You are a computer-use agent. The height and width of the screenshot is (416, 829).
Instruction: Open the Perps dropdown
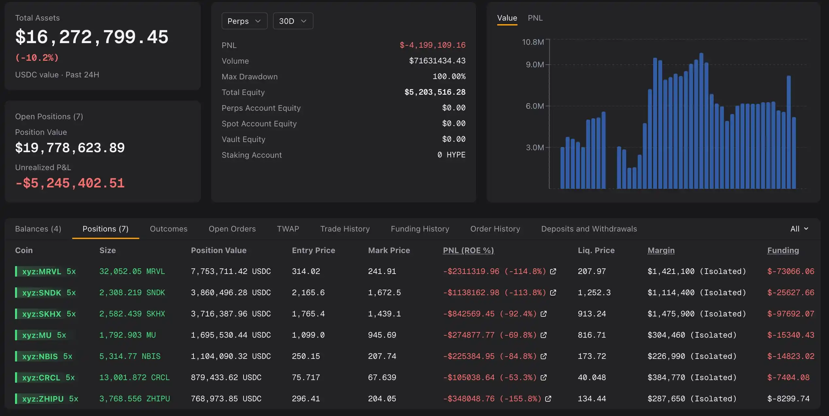(245, 21)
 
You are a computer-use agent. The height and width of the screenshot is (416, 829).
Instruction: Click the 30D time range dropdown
(293, 21)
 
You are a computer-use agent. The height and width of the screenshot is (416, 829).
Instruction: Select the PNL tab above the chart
(535, 18)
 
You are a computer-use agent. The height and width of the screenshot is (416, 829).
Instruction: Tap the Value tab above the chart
(507, 18)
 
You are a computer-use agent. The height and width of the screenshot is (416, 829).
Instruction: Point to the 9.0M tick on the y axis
(535, 65)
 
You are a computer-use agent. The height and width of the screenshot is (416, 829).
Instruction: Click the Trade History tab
(345, 229)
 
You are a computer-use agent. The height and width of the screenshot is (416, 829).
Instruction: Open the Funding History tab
(420, 229)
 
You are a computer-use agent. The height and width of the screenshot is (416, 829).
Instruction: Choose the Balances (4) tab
(38, 229)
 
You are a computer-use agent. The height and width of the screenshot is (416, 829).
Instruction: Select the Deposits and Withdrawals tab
(589, 229)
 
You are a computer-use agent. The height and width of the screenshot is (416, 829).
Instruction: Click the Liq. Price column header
(596, 250)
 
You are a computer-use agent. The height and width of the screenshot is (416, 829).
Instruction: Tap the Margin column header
(661, 250)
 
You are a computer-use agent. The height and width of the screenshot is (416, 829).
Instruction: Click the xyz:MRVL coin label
(42, 271)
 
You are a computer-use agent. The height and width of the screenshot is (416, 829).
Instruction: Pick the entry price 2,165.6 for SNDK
(308, 293)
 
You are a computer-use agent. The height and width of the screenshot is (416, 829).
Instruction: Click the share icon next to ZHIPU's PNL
(548, 399)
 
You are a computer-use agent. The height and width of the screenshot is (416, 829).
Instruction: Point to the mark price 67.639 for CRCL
(382, 377)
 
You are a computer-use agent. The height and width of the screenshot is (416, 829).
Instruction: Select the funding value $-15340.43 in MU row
(791, 335)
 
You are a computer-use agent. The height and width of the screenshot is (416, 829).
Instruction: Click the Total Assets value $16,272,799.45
(92, 37)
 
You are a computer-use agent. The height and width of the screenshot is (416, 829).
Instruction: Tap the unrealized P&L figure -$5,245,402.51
(70, 183)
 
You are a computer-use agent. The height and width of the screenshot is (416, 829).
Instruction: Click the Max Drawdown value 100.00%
(449, 76)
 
